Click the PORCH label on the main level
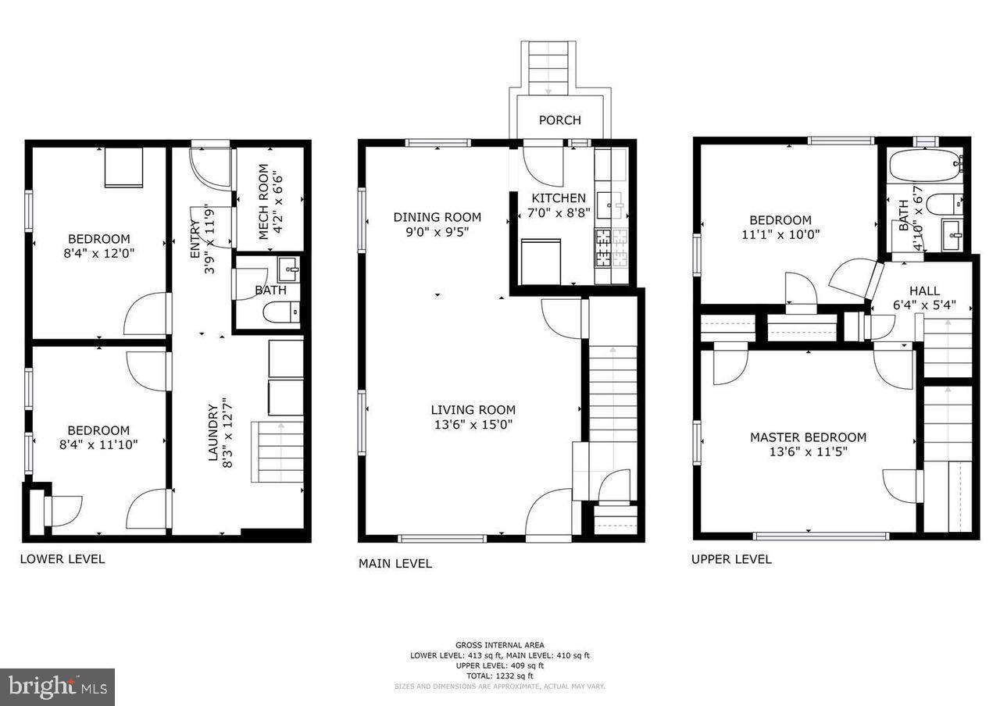pos(559,120)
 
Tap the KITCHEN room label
pos(559,198)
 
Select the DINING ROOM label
pos(437,217)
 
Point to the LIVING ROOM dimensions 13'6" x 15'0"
pos(473,425)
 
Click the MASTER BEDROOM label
pos(808,437)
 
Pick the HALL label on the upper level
pos(924,291)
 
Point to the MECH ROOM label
pos(263,191)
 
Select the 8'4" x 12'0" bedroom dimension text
pos(98,253)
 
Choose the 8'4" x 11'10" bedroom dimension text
pos(98,445)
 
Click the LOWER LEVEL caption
pos(62,559)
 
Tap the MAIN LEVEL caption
pos(395,563)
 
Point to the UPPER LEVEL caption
pos(731,559)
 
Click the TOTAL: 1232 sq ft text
pos(499,676)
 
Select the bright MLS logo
pos(57,687)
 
